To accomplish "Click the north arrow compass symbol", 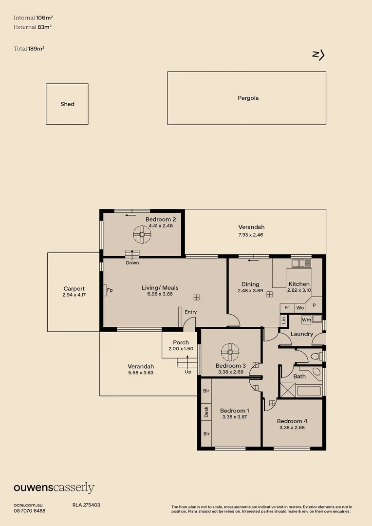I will click(x=318, y=55).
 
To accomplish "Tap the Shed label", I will click(x=67, y=104).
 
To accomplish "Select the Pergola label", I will click(x=248, y=98).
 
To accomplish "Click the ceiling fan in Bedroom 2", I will click(x=142, y=235).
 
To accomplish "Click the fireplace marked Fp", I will click(x=109, y=290).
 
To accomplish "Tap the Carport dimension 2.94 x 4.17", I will click(x=74, y=295).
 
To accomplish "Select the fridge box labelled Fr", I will click(x=287, y=308).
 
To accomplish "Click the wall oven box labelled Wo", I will click(x=300, y=308).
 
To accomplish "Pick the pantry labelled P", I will click(x=315, y=305).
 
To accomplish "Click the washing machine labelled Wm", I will click(x=306, y=320).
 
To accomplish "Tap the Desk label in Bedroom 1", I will click(x=206, y=412).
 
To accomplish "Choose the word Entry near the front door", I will click(x=190, y=312).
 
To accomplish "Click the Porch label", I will click(x=181, y=342).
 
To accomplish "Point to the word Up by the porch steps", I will click(x=188, y=372).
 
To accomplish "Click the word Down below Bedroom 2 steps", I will click(x=132, y=263).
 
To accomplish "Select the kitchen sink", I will click(x=300, y=263).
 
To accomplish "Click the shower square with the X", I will click(x=286, y=390).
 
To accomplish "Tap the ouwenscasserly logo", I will click(x=54, y=488).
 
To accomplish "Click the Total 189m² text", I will click(x=29, y=49).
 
